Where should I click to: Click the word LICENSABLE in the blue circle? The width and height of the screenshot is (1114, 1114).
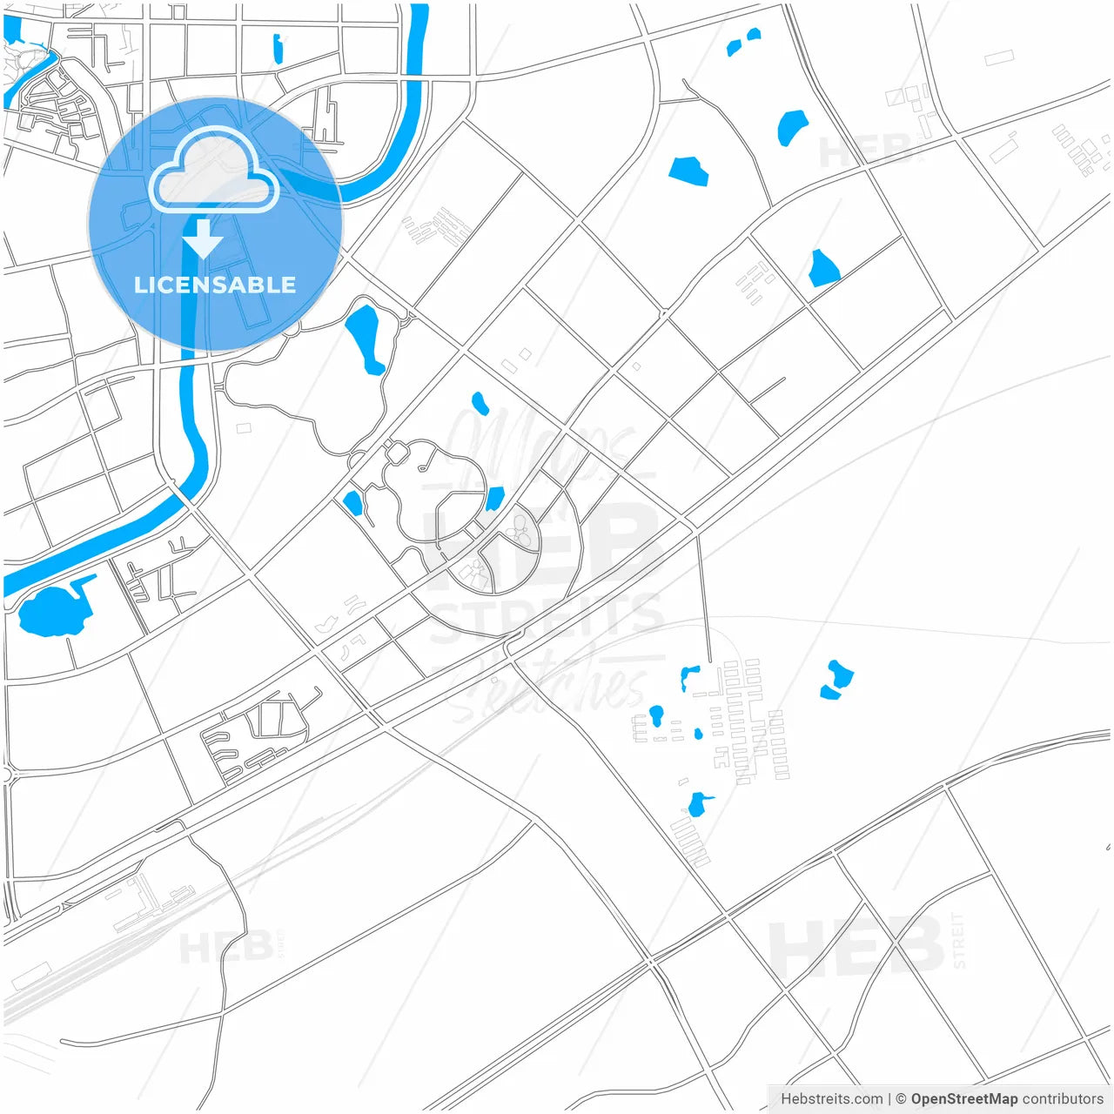(x=215, y=285)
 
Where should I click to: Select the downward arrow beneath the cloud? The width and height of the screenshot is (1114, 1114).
(x=204, y=238)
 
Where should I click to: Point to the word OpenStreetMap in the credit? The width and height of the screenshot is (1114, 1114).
(x=964, y=1099)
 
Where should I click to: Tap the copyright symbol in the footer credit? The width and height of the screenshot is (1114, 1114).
(x=902, y=1099)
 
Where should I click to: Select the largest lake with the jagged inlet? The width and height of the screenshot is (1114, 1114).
(x=55, y=610)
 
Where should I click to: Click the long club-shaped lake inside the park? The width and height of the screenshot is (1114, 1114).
(x=365, y=337)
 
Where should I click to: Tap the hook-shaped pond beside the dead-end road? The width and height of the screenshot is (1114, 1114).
(x=689, y=676)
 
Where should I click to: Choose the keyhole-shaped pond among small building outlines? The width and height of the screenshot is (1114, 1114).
(x=656, y=716)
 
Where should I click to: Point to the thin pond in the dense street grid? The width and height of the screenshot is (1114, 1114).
(x=278, y=49)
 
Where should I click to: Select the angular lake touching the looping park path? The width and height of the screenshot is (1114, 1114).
(x=494, y=499)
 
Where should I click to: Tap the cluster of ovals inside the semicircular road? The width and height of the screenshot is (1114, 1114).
(x=520, y=530)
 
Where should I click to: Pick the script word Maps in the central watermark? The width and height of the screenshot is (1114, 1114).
(x=540, y=444)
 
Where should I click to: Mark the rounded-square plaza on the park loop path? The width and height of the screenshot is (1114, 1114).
(x=397, y=453)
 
